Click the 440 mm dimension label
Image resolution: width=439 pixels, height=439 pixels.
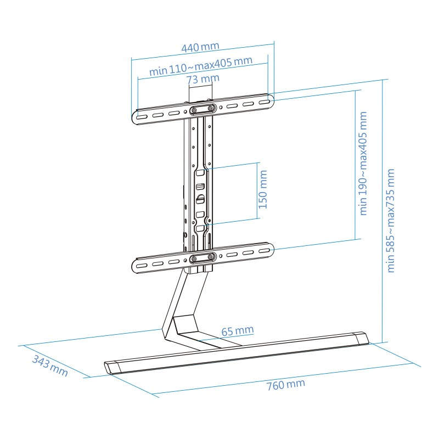point(200,47)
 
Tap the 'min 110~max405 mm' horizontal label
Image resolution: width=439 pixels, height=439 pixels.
point(201,66)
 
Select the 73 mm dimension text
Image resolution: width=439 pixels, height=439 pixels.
point(203,79)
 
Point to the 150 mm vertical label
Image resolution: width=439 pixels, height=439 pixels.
point(263,189)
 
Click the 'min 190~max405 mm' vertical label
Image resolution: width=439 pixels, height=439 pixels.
point(363,163)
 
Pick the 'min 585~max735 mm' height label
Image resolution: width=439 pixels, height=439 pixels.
point(390,221)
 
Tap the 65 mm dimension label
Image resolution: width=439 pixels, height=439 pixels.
point(238,331)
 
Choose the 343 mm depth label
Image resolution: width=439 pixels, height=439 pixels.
point(50,366)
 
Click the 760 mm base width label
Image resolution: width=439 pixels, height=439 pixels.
point(285,385)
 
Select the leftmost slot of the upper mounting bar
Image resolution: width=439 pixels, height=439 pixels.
point(142,116)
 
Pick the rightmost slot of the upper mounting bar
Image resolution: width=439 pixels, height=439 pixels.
point(264,103)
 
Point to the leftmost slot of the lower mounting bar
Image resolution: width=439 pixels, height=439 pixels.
point(142,265)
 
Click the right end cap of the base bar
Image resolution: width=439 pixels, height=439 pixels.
point(362,339)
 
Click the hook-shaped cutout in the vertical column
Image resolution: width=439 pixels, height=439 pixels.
point(200,199)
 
